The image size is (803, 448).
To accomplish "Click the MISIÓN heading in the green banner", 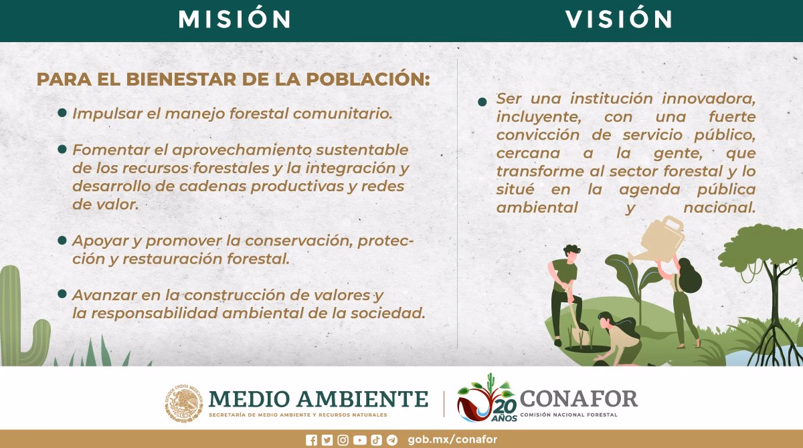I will pos(234,19).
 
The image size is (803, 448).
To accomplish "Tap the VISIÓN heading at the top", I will pos(618,19).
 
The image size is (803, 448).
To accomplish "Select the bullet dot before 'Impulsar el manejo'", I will pos(62,113).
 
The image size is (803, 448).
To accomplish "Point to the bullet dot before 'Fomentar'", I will pos(62,149).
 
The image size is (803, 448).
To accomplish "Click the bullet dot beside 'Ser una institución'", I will pos(482,102).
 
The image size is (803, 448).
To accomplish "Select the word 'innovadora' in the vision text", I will pos(709,98).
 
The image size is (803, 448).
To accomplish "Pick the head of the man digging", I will pos(571,255).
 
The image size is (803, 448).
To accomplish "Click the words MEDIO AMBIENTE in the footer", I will pos(318,399).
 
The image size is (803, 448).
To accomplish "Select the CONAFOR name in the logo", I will pos(578,399).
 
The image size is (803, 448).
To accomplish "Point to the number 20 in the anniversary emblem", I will pos(507,407).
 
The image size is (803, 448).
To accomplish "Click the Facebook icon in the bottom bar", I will pos(311,439).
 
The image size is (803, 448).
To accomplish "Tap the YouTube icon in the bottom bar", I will pos(359,439).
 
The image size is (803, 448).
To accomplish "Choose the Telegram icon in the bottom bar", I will pos(392,439).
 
